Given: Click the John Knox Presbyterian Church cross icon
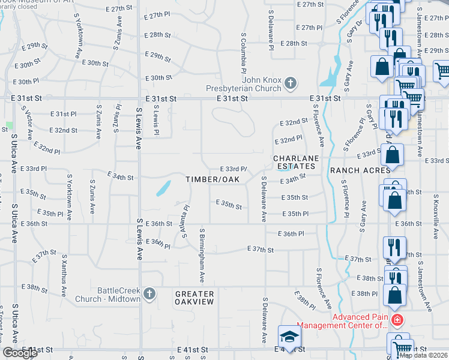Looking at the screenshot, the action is point(290,83).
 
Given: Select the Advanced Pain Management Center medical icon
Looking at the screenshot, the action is point(396,321).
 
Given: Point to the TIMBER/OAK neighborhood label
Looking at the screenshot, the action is point(212,179).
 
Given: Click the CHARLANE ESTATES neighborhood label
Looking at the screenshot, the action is point(295,162).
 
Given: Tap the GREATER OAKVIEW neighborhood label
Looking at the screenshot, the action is point(194,298).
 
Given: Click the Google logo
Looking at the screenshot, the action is point(20,353).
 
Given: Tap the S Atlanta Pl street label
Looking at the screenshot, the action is point(182,220).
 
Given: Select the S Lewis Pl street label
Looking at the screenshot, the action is point(155,120).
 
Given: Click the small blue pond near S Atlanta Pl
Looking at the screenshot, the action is point(161,189).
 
